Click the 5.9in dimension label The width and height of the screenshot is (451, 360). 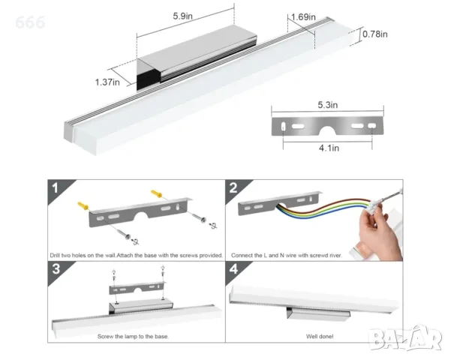coord(182,16)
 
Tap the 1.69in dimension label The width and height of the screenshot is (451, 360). coord(303,17)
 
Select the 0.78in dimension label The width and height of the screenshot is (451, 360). coord(374,34)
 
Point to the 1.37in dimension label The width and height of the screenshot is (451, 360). coord(107,82)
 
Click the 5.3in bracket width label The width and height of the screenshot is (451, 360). coord(328,105)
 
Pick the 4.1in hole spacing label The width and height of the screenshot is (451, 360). coord(329,148)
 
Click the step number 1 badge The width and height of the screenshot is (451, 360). coord(55,188)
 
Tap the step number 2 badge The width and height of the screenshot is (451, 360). coord(233,188)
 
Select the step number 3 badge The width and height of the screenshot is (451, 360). coord(56,269)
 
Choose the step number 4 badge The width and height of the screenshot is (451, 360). coord(233,269)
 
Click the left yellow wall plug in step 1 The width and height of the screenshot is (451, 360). coord(83,206)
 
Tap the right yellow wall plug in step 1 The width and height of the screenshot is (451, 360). coord(157,193)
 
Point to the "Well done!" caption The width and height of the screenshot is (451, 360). coord(320,336)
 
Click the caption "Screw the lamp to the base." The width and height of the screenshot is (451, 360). coord(133,336)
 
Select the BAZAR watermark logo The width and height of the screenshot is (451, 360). coord(406,339)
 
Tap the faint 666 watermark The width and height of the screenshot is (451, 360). coord(30,22)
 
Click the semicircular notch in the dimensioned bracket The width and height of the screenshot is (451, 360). coord(328,130)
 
